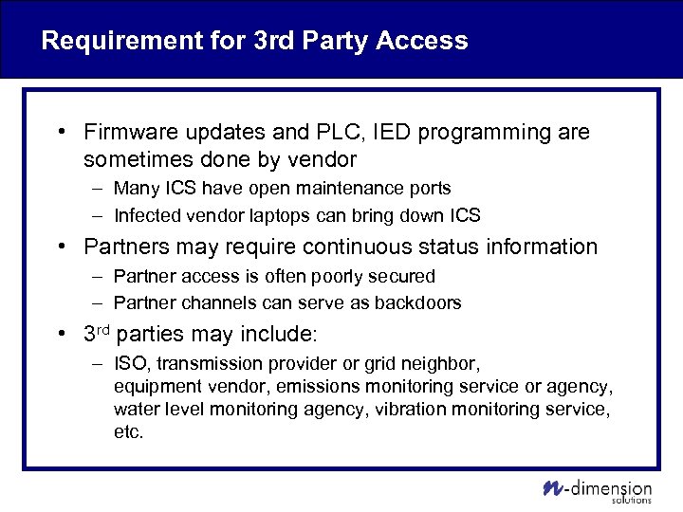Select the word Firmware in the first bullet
coord(128,133)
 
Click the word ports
coord(429,189)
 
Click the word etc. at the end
coord(128,432)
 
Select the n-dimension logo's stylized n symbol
coord(552,488)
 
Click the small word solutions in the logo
coord(632,500)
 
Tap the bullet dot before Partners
coord(61,247)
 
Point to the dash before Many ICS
coord(100,189)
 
